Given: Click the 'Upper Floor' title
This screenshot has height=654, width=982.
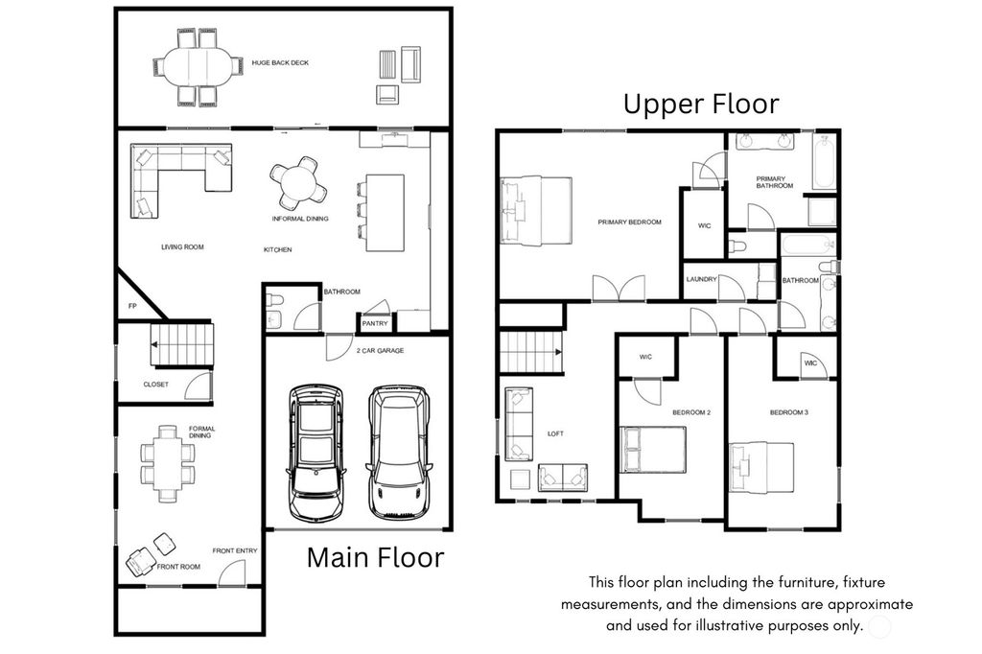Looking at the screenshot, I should tap(701, 104).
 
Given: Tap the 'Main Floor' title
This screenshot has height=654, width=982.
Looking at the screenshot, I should tap(375, 557).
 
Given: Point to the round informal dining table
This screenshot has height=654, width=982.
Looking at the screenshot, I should tap(296, 180).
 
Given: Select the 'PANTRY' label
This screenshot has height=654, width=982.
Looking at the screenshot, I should tap(374, 324).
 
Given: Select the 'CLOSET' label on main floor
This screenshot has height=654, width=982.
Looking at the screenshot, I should tap(155, 385).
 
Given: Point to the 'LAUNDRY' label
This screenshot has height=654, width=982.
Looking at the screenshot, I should tap(701, 280).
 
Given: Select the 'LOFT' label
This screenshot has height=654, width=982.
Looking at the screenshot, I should tap(555, 433).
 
